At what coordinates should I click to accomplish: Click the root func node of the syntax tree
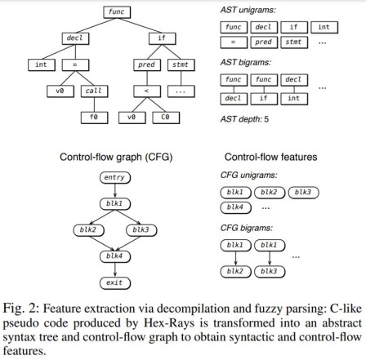point(116,11)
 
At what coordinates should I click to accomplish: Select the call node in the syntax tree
point(94,91)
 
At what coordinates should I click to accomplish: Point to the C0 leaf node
point(166,118)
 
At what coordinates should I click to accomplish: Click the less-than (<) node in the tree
point(148,91)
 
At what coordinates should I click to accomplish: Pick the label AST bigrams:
point(248,63)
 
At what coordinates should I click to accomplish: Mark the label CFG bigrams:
point(248,229)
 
